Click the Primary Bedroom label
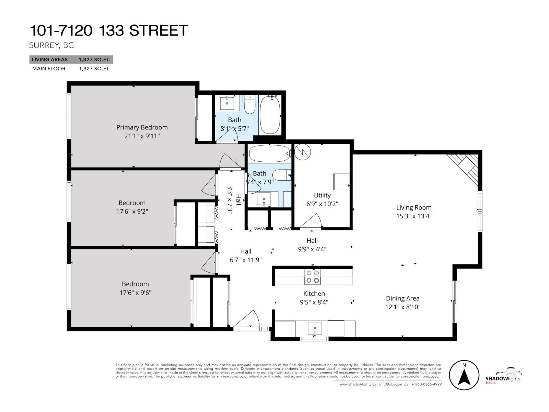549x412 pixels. (142, 127)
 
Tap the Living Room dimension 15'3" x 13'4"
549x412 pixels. (413, 216)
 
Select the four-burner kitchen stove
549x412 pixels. (313, 277)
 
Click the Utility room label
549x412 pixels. (322, 195)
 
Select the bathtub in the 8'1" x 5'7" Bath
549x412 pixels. (270, 116)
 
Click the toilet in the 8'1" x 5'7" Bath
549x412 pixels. (250, 104)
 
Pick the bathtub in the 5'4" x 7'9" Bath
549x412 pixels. (270, 153)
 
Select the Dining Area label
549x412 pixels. (402, 298)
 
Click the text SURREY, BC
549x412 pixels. (51, 45)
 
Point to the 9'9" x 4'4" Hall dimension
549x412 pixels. (312, 249)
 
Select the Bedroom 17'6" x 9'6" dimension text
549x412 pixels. (135, 293)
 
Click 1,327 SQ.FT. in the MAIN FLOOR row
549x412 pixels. (94, 69)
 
